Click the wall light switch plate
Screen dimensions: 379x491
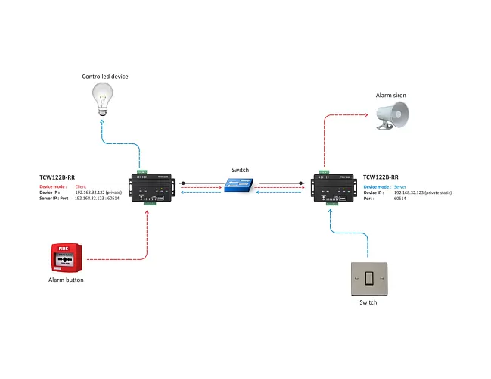coord(368,278)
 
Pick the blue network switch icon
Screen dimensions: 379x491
coord(239,185)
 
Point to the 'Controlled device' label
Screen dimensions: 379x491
coord(105,77)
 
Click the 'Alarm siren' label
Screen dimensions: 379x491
coord(392,96)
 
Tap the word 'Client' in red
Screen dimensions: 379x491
coord(82,186)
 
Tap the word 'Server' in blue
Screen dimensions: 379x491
coord(402,186)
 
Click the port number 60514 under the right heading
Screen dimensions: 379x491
coord(402,198)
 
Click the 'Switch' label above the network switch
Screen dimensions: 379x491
coord(239,171)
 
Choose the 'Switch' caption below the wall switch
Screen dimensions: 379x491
coord(368,302)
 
